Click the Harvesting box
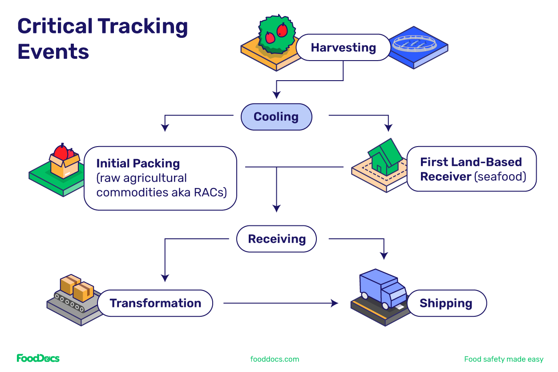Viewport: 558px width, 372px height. pyautogui.click(x=343, y=48)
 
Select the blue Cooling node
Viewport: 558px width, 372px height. pyautogui.click(x=276, y=117)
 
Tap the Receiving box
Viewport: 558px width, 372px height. pyautogui.click(x=276, y=239)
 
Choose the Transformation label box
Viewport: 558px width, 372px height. pyautogui.click(x=155, y=303)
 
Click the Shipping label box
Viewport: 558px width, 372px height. pyautogui.click(x=446, y=303)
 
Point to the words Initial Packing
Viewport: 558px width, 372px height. pyautogui.click(x=138, y=164)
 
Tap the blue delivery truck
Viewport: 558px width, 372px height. pyautogui.click(x=382, y=288)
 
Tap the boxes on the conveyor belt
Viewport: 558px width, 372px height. pyautogui.click(x=77, y=287)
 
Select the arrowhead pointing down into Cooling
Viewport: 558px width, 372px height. pyautogui.click(x=276, y=95)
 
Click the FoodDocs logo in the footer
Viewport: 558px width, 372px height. pyautogui.click(x=38, y=359)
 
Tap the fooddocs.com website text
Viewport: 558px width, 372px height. pyautogui.click(x=275, y=359)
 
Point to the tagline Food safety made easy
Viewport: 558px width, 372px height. pyautogui.click(x=503, y=359)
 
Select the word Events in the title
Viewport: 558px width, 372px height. pyautogui.click(x=53, y=52)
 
